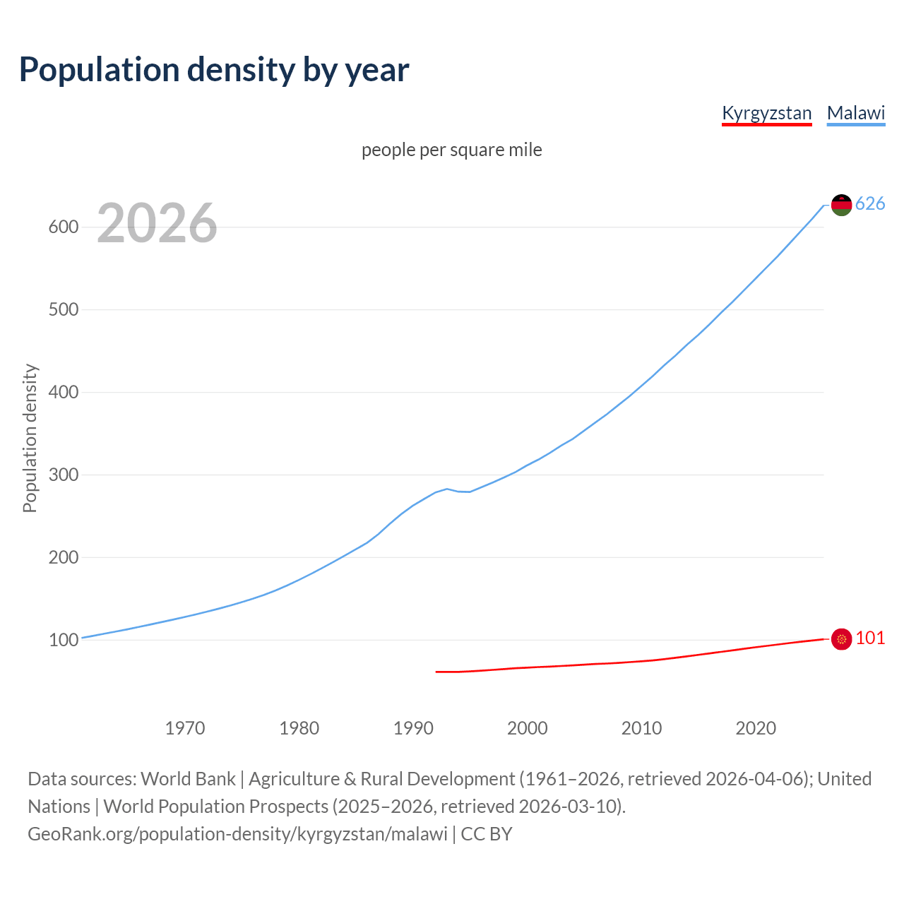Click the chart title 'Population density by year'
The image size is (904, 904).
click(x=214, y=70)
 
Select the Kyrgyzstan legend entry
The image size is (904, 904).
click(x=766, y=113)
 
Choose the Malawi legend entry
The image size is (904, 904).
click(x=856, y=113)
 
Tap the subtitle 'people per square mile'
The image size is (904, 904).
click(x=452, y=150)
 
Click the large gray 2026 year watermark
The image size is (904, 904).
click(x=157, y=224)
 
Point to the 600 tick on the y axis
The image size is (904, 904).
click(x=63, y=227)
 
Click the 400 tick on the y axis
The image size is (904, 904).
click(x=63, y=393)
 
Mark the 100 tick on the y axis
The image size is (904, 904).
click(x=63, y=641)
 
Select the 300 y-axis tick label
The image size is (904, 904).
click(x=63, y=475)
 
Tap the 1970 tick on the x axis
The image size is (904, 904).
click(x=185, y=728)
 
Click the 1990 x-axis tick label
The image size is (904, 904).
click(x=413, y=728)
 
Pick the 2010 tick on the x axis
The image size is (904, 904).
click(x=641, y=728)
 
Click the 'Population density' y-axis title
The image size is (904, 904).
click(x=30, y=438)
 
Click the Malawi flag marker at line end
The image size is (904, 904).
click(x=841, y=205)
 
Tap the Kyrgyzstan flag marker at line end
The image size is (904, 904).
click(x=841, y=639)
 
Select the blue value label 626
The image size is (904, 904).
click(x=870, y=204)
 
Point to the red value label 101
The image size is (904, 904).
click(x=870, y=638)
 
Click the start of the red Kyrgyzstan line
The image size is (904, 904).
click(x=436, y=672)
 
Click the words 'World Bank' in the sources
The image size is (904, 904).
click(x=188, y=779)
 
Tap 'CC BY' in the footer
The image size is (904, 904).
click(x=487, y=834)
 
